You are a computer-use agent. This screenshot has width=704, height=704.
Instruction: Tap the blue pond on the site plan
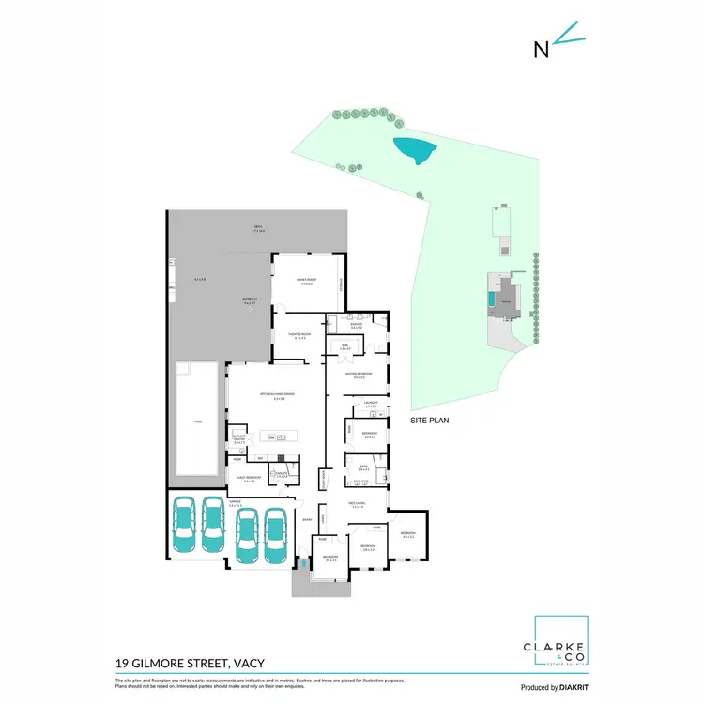412,148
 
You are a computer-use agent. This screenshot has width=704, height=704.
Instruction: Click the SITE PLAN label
429,421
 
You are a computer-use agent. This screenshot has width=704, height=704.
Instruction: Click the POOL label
198,421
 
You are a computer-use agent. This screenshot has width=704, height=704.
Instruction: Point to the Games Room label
305,282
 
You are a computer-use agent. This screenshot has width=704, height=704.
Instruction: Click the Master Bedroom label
358,374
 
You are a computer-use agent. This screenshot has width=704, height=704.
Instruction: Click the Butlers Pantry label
238,438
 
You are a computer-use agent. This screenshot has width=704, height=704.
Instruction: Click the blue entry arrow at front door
302,563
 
